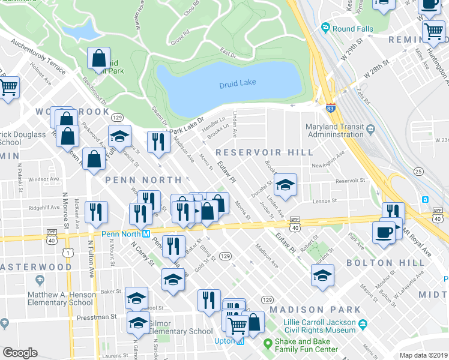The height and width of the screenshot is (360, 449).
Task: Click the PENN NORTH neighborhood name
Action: (x=143, y=180)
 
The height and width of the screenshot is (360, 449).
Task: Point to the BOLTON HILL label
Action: (x=378, y=263)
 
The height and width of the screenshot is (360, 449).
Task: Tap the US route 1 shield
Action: (x=70, y=253)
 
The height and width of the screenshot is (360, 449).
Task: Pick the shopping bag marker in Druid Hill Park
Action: (x=98, y=58)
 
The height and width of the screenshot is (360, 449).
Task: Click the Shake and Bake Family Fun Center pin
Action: (x=268, y=344)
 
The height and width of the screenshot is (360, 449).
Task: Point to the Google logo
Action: (x=20, y=353)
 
